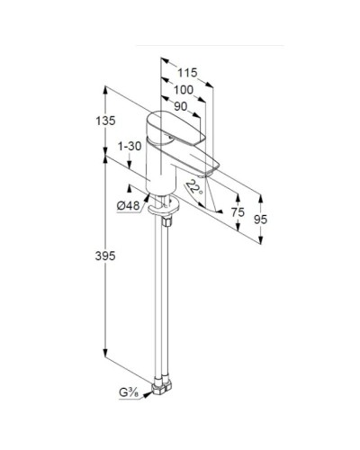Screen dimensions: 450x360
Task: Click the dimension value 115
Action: click(186, 71)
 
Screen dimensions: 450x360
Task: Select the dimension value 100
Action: click(183, 89)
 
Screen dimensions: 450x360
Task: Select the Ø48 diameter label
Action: click(129, 206)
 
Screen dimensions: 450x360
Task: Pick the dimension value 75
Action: click(238, 211)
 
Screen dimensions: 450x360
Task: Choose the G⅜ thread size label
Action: click(126, 392)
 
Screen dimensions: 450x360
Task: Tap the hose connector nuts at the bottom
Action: click(166, 387)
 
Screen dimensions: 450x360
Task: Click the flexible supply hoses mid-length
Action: click(166, 297)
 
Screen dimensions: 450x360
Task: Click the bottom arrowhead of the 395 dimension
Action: click(106, 354)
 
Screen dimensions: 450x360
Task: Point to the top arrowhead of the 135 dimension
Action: click(106, 87)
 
